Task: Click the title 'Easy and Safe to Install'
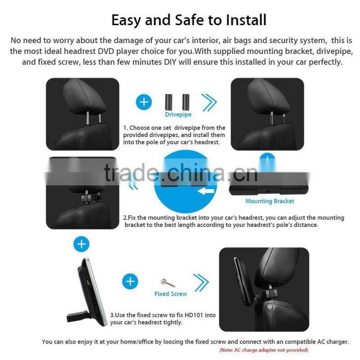(x=189, y=20)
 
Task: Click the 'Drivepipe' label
(x=178, y=115)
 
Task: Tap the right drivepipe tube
(x=185, y=100)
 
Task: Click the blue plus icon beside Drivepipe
(x=144, y=102)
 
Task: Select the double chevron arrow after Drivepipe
(x=209, y=102)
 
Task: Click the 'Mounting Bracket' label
(x=270, y=201)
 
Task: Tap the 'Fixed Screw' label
(x=171, y=293)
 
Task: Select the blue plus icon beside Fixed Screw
(x=130, y=282)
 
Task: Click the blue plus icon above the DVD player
(x=81, y=244)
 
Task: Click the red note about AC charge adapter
(x=263, y=350)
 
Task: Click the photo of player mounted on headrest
(x=264, y=289)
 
